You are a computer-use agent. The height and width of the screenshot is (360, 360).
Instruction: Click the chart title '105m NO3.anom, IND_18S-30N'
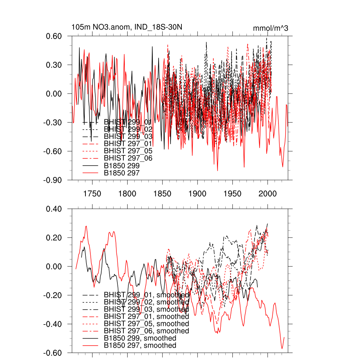(x=127, y=27)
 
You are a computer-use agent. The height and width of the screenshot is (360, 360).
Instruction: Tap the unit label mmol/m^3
(x=270, y=28)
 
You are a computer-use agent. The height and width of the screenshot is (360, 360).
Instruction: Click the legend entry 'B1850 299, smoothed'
(x=140, y=338)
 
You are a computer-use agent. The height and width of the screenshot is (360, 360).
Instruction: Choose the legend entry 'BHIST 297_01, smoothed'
(x=146, y=316)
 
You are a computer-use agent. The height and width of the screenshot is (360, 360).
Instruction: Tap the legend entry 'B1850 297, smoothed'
(x=140, y=346)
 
